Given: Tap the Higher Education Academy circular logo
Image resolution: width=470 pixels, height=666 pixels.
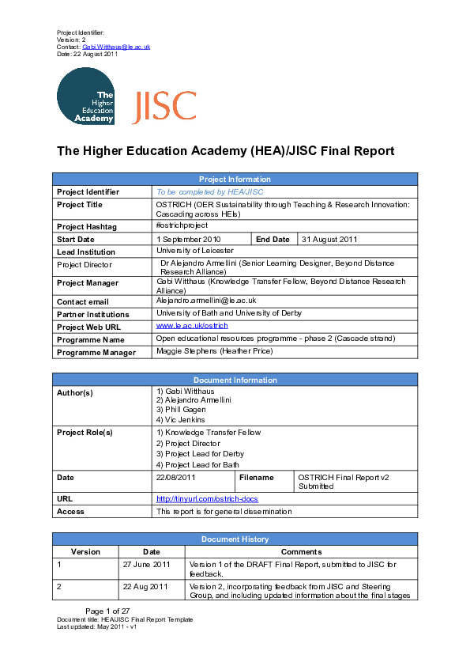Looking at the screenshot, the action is click(85, 96).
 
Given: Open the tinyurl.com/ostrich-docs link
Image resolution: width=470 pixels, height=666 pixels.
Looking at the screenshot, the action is click(207, 499).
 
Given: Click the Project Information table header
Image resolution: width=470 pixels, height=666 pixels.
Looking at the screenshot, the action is click(235, 180).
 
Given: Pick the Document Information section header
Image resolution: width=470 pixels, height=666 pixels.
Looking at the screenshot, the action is click(235, 380).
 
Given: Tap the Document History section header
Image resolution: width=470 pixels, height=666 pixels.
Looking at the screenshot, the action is click(235, 539).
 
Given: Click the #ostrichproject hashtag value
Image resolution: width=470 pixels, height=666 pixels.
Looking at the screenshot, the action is click(182, 226).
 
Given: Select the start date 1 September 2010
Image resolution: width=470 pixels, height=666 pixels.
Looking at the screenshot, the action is click(190, 239).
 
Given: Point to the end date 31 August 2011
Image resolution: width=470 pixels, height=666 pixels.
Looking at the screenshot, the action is click(329, 239).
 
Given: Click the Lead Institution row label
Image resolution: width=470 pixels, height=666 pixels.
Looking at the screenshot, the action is click(87, 252).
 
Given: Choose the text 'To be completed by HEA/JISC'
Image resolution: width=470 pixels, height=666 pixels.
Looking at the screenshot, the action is click(209, 192).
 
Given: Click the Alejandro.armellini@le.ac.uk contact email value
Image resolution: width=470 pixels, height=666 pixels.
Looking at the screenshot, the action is click(206, 301).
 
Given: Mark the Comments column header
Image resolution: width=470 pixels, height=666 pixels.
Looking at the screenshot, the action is click(301, 552).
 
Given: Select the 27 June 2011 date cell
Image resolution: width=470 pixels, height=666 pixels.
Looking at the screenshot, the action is click(147, 565).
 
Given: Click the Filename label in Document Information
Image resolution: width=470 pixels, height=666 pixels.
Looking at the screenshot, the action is click(256, 478).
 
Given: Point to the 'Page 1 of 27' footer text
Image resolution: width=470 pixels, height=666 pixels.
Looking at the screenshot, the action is click(107, 611).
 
